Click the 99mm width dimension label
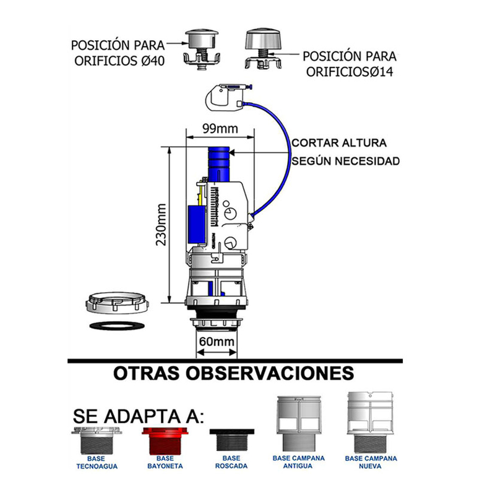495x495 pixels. coord(219,130)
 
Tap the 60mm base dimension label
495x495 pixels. coord(217,342)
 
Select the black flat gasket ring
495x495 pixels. coord(117,325)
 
